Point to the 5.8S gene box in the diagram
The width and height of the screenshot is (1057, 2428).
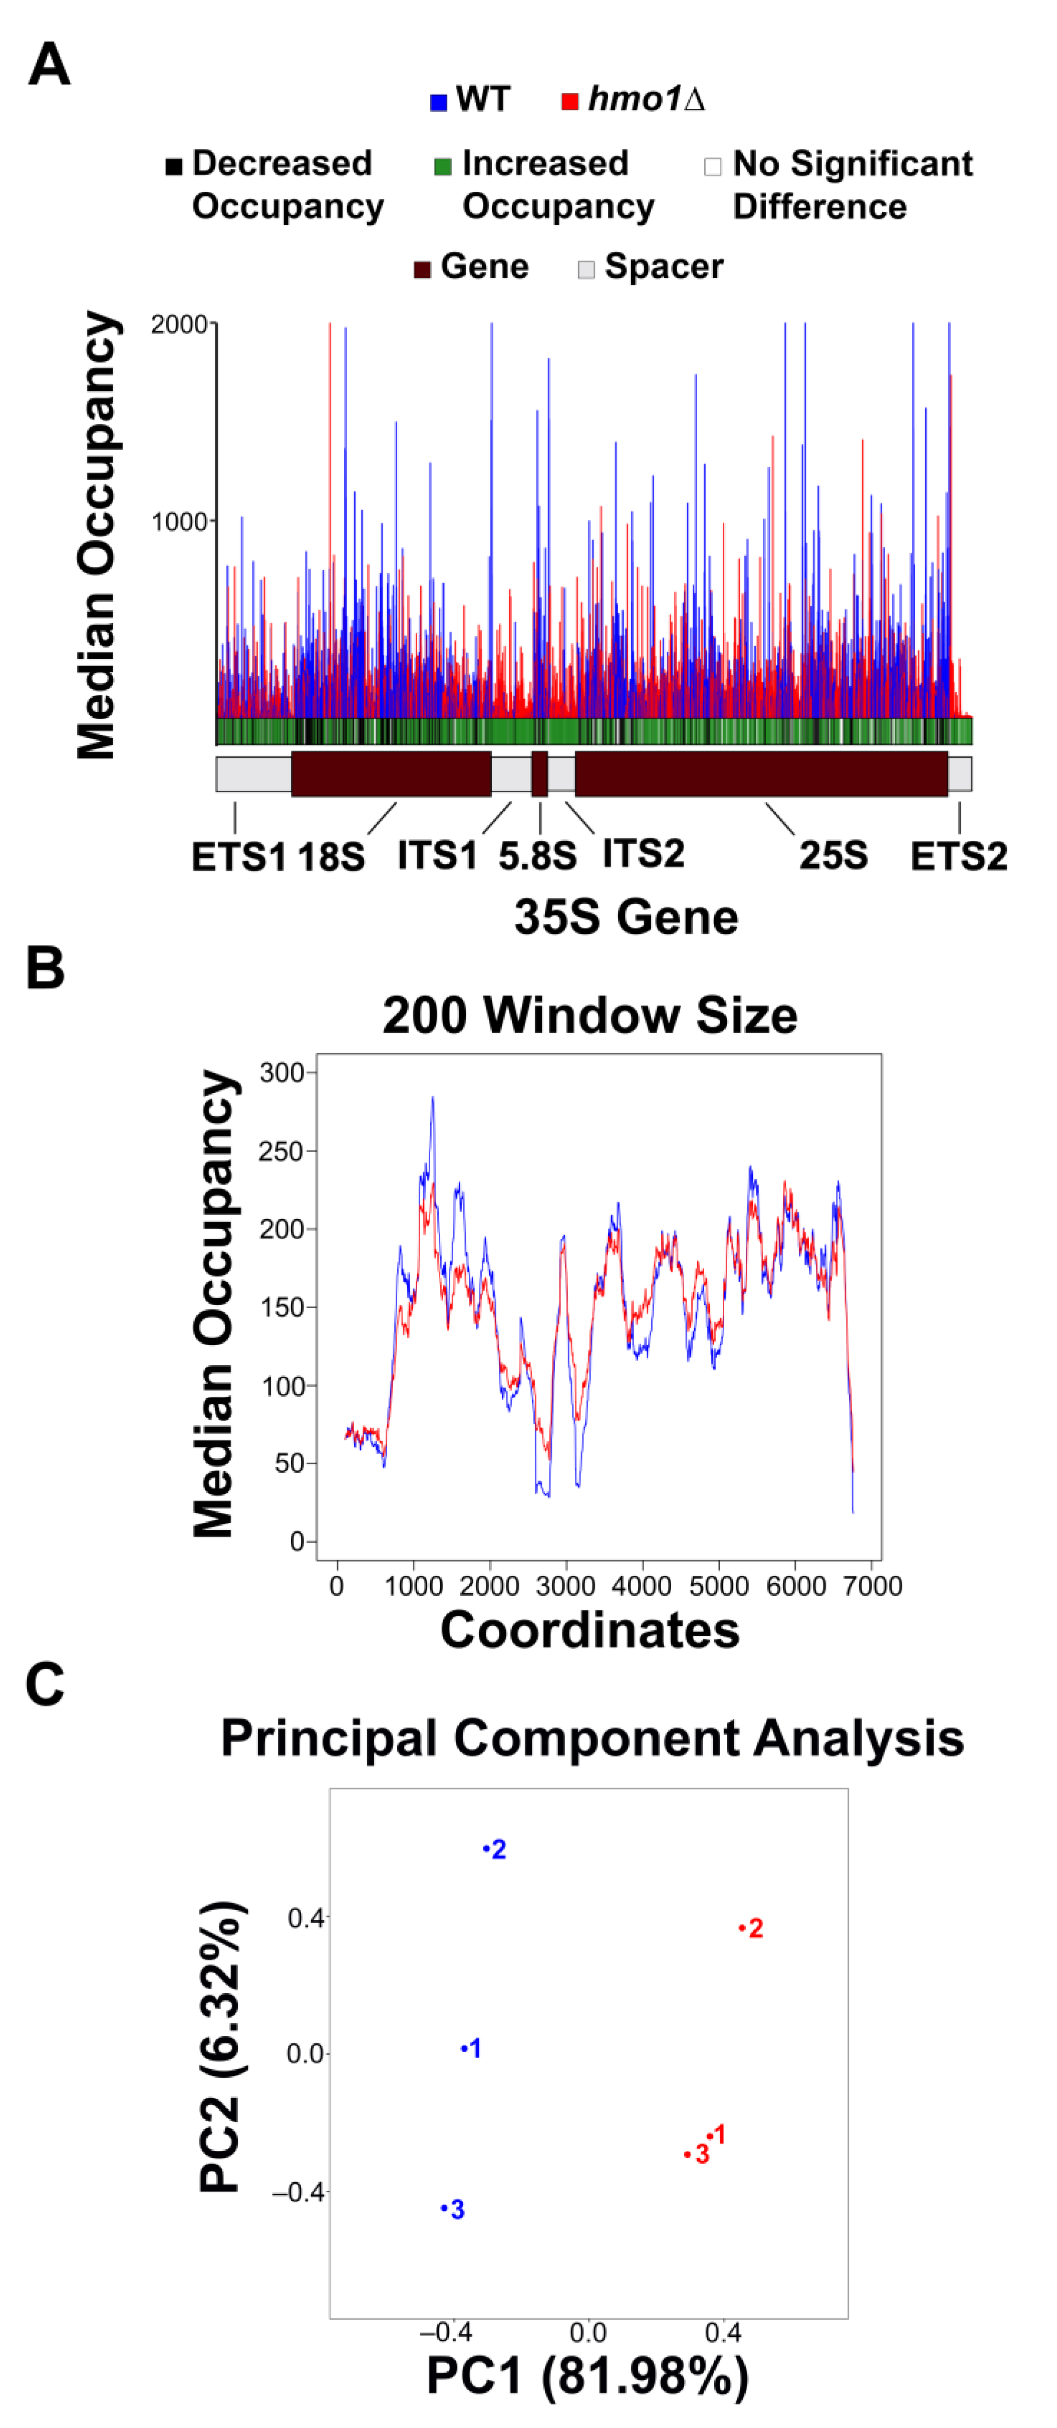539,774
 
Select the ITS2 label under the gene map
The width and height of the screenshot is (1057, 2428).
643,853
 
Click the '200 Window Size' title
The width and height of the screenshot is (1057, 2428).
589,1015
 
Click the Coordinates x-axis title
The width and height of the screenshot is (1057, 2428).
589,1630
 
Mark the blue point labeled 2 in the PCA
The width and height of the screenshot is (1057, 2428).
486,1848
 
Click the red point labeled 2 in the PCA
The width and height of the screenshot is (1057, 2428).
742,1927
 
